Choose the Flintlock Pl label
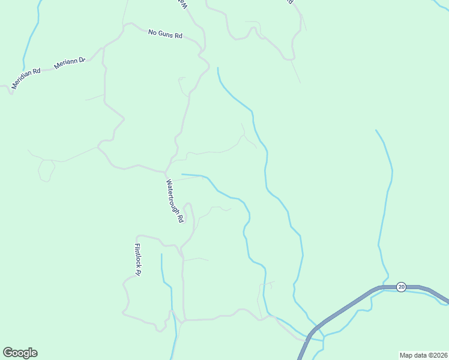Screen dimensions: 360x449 click(137, 259)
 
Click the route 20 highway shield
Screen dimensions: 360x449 click(401, 287)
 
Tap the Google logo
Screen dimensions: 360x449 click(20, 353)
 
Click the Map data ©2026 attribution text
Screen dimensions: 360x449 click(423, 355)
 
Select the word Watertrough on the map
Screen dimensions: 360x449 click(172, 197)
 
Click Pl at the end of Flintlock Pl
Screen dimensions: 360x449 click(138, 272)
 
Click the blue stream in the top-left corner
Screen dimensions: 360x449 click(31, 36)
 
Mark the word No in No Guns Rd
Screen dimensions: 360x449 click(152, 32)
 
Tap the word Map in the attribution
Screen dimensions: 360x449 click(406, 355)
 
